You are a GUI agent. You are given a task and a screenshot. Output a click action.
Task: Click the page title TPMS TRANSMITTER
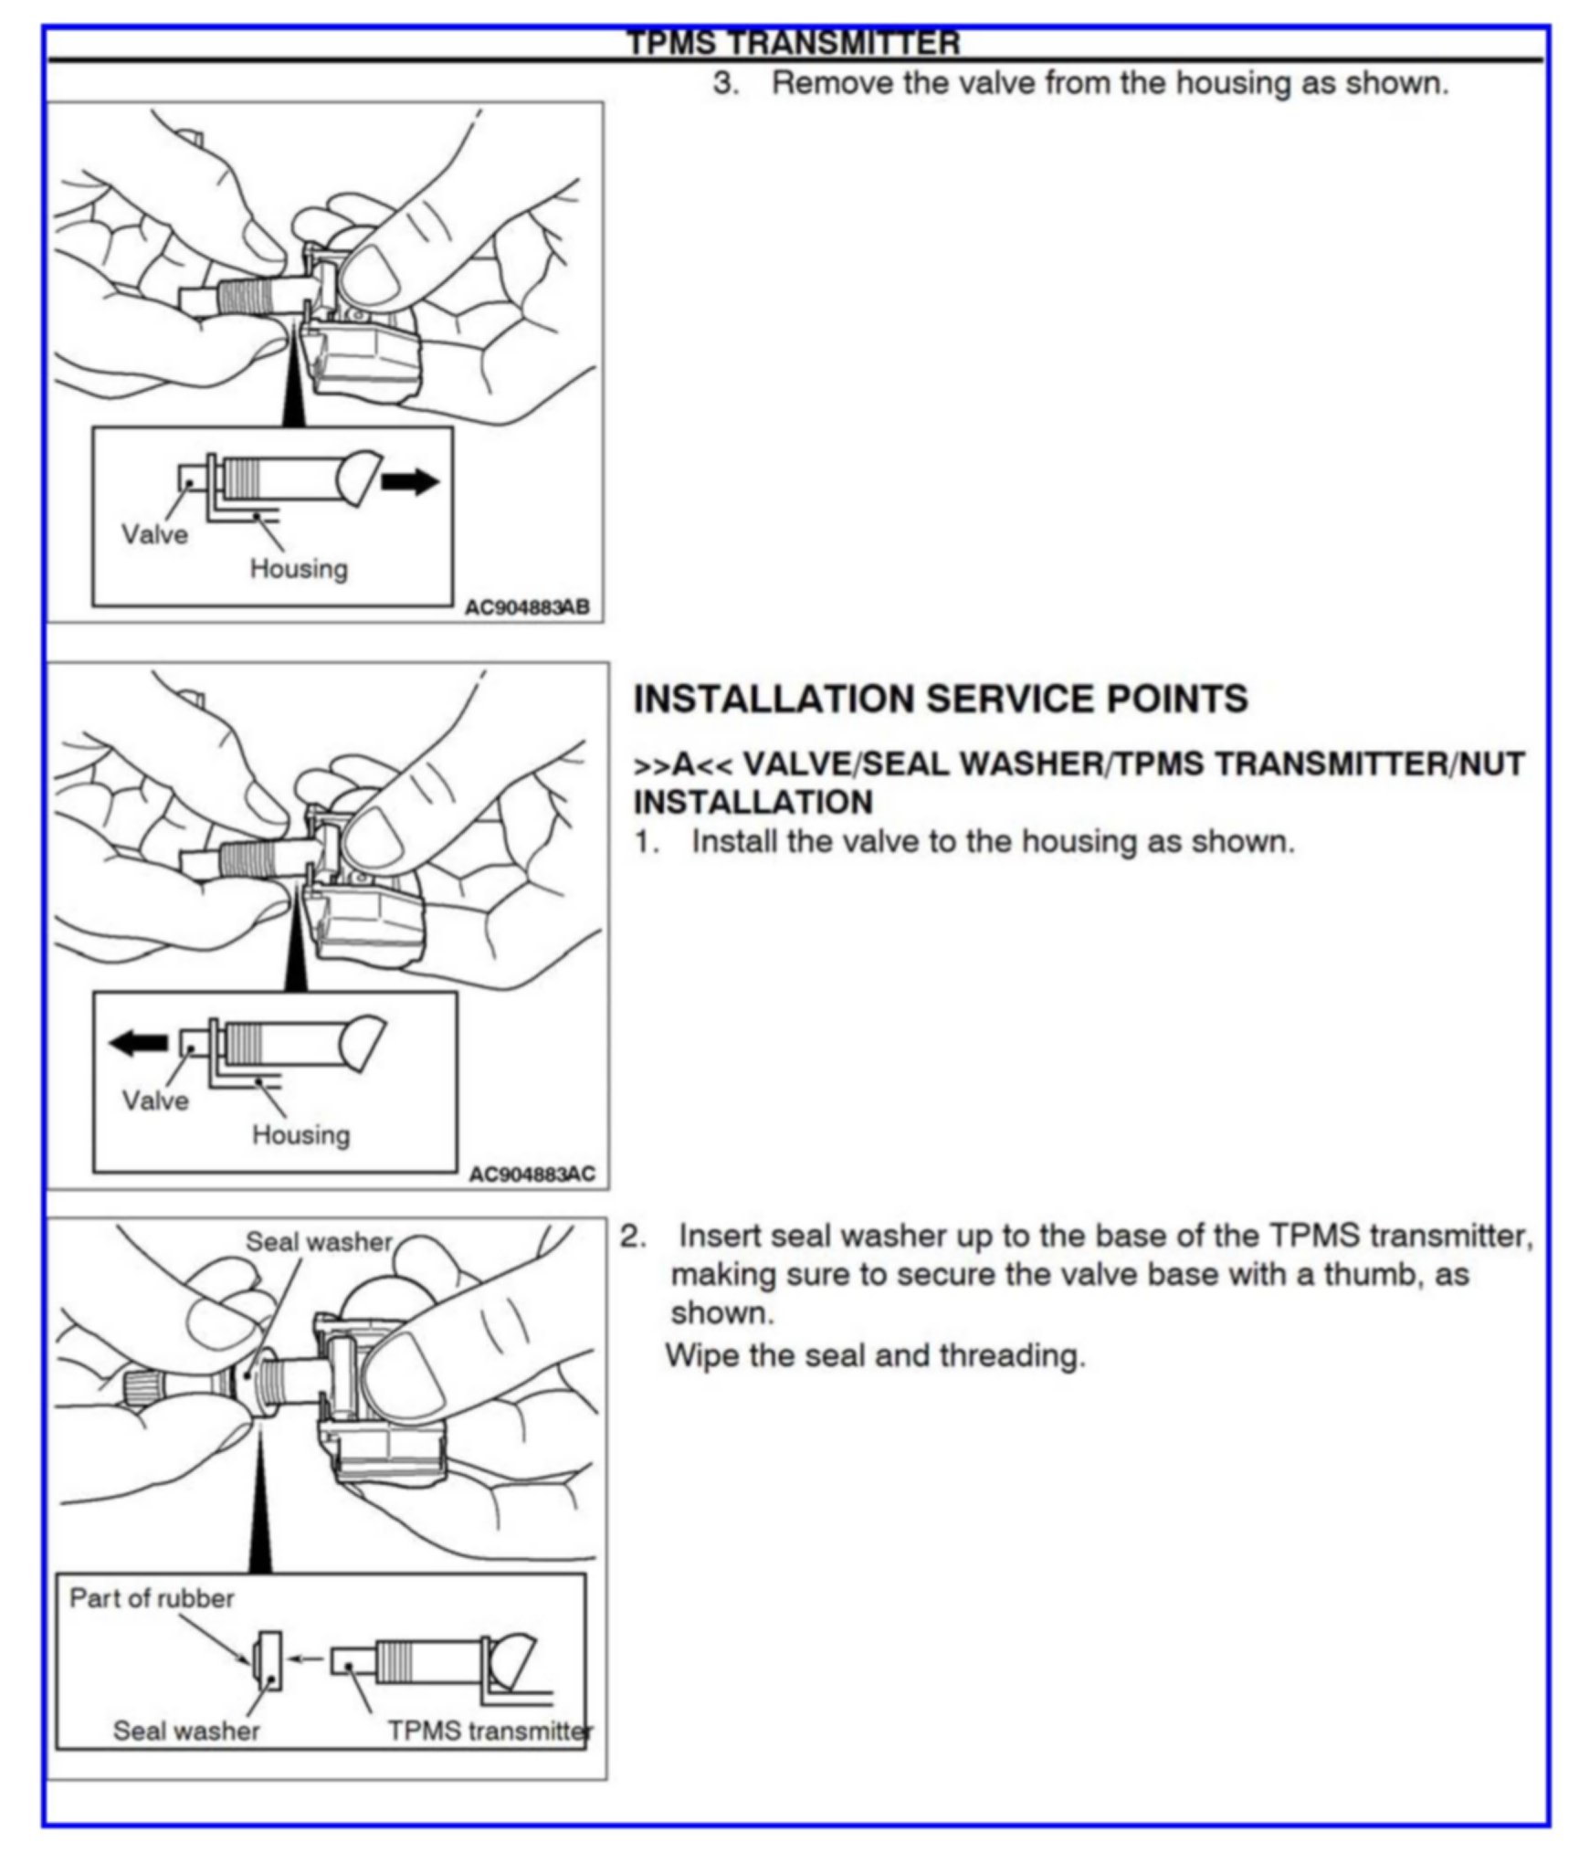coord(793,43)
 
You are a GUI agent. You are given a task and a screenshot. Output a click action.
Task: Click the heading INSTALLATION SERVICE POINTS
coord(940,700)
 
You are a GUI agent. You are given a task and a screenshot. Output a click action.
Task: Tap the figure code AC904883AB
coord(527,606)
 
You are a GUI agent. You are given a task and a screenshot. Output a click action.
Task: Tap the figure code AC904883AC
coord(532,1174)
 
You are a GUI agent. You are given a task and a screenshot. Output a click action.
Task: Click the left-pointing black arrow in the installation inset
coord(138,1043)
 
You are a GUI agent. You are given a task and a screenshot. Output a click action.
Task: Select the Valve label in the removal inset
coord(154,534)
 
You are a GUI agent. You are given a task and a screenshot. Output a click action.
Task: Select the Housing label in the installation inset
coord(300,1135)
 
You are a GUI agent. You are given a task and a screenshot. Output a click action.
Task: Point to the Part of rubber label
coord(152,1598)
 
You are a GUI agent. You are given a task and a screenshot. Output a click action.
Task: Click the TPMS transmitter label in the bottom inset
coord(489,1731)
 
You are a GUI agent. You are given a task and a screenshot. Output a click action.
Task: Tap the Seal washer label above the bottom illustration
coord(319,1242)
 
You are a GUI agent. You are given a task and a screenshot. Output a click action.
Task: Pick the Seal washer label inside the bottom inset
coord(186,1731)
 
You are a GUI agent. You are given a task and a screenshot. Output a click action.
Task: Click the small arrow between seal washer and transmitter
coord(305,1659)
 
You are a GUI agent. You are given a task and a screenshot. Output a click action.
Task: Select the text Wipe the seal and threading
coord(875,1355)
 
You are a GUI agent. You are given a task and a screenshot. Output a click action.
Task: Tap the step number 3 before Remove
coord(725,83)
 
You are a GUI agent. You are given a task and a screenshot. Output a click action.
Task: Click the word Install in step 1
coord(733,841)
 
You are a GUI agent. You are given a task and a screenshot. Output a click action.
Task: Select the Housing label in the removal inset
coord(299,569)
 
